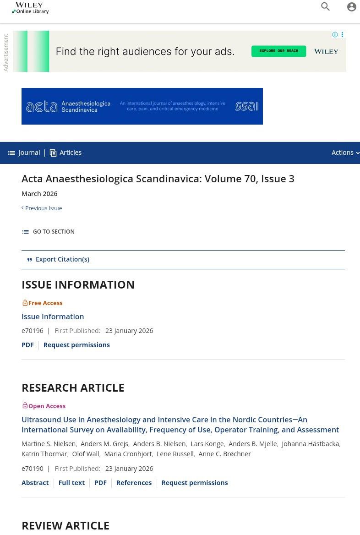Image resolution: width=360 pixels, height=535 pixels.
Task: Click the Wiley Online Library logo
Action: (x=30, y=8)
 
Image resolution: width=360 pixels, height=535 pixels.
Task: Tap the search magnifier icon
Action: (x=326, y=7)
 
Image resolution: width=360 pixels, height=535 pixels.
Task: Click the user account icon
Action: (x=351, y=7)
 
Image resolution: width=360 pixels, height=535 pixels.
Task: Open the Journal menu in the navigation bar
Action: (x=24, y=153)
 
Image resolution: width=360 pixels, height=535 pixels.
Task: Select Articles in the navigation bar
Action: (x=65, y=153)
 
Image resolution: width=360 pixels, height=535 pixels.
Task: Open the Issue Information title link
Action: (x=53, y=317)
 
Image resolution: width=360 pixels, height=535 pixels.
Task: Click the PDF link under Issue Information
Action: (x=27, y=345)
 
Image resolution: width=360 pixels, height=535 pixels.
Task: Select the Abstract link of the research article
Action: (x=35, y=483)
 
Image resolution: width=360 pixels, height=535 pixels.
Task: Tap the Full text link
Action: (x=71, y=483)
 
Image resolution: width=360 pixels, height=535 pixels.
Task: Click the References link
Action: (x=134, y=483)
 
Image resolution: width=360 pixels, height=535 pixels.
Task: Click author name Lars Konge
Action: (x=207, y=444)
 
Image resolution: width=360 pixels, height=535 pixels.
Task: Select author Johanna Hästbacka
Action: (x=310, y=444)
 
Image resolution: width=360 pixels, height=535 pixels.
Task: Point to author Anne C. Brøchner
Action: (x=224, y=454)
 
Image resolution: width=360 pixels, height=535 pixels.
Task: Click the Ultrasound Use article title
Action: (x=180, y=425)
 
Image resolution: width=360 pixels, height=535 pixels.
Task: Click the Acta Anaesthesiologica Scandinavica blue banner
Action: (x=142, y=106)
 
